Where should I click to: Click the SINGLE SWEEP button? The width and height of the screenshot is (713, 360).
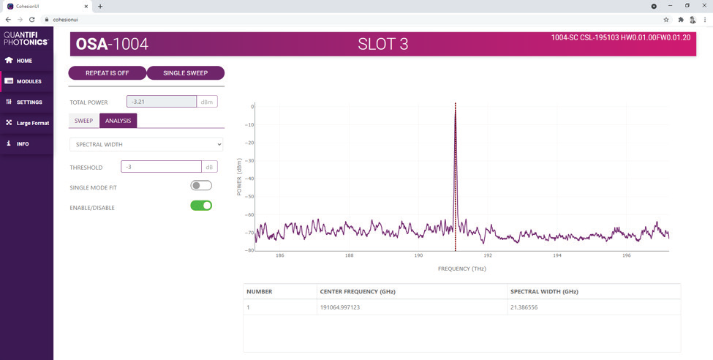pyautogui.click(x=185, y=73)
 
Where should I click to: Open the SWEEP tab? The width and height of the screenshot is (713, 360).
pyautogui.click(x=83, y=121)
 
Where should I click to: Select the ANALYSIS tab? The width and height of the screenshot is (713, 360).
pyautogui.click(x=118, y=121)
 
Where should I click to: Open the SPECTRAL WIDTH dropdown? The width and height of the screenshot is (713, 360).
pyautogui.click(x=146, y=144)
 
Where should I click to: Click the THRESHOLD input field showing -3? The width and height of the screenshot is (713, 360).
pyautogui.click(x=161, y=167)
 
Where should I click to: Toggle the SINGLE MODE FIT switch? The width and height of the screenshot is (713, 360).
pyautogui.click(x=201, y=186)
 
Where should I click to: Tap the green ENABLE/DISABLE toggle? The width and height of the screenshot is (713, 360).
pyautogui.click(x=201, y=206)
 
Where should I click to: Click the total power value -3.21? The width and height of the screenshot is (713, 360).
pyautogui.click(x=161, y=102)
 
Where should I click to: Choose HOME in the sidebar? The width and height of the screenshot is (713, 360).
pyautogui.click(x=24, y=61)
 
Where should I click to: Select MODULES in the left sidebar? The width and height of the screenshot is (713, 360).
pyautogui.click(x=29, y=81)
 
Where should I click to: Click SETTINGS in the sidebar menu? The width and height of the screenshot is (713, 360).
pyautogui.click(x=29, y=102)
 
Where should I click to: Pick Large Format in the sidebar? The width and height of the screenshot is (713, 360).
pyautogui.click(x=32, y=123)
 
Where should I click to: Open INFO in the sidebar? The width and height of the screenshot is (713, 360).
pyautogui.click(x=23, y=144)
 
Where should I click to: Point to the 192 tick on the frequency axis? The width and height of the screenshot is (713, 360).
pyautogui.click(x=488, y=256)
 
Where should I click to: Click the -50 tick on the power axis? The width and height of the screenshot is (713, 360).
pyautogui.click(x=249, y=197)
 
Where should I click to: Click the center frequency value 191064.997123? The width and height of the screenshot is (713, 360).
pyautogui.click(x=340, y=307)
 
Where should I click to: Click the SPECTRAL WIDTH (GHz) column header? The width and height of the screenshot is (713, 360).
pyautogui.click(x=544, y=291)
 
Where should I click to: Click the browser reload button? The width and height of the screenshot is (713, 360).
pyautogui.click(x=32, y=20)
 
